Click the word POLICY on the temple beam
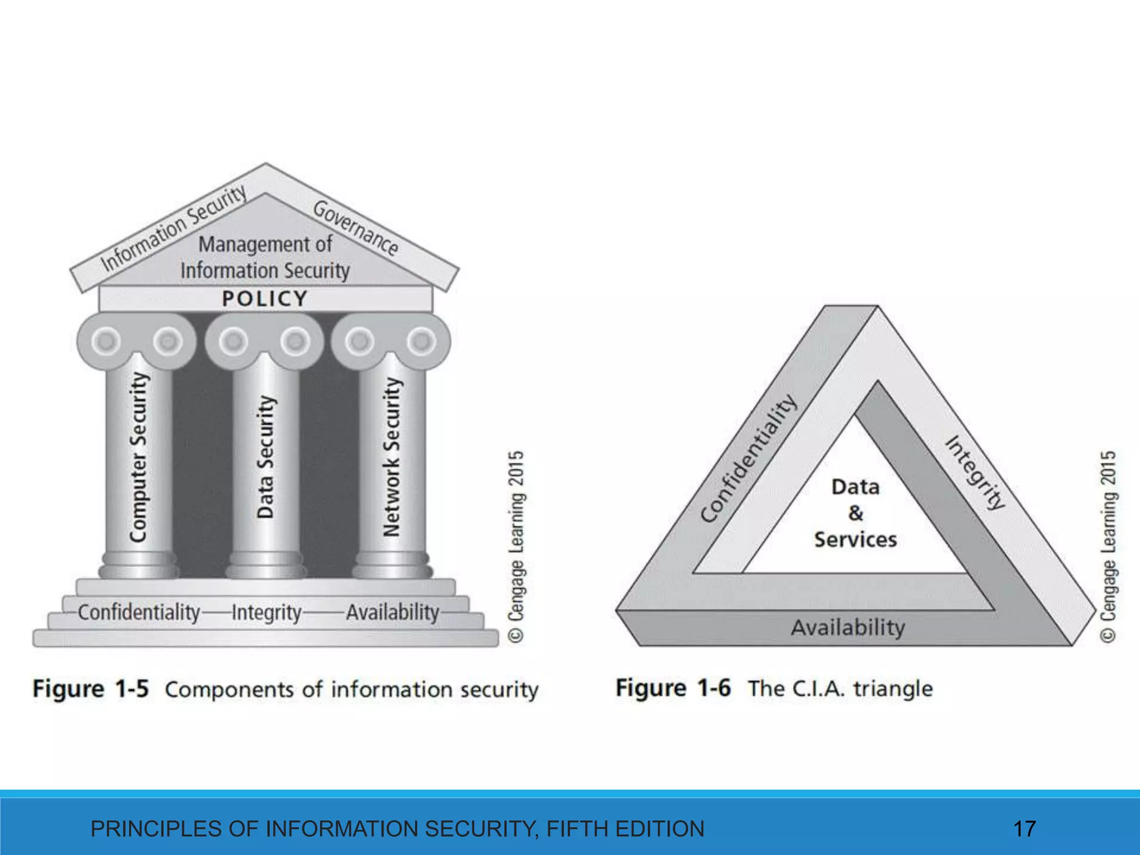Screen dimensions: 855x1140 (x=264, y=299)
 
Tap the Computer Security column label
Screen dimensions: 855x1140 (x=139, y=457)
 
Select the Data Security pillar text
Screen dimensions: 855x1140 (x=266, y=457)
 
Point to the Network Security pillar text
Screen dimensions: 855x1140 (x=392, y=457)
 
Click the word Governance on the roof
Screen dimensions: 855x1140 (x=355, y=228)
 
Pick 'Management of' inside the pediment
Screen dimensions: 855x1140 (x=265, y=244)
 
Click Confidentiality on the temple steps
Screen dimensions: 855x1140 (x=139, y=612)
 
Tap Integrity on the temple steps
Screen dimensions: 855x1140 (x=267, y=613)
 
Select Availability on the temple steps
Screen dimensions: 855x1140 (x=392, y=612)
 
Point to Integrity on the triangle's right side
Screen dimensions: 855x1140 (x=976, y=473)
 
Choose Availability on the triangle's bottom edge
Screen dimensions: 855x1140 (x=848, y=628)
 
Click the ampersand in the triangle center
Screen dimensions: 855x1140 (x=856, y=513)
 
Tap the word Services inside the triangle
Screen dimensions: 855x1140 (x=856, y=539)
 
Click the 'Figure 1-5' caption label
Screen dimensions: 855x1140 (x=91, y=689)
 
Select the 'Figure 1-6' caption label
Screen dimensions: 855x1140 (x=673, y=688)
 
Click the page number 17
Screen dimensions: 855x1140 (x=1024, y=829)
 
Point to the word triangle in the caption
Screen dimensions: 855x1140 (x=893, y=689)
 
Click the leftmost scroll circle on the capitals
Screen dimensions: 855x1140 (x=106, y=341)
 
